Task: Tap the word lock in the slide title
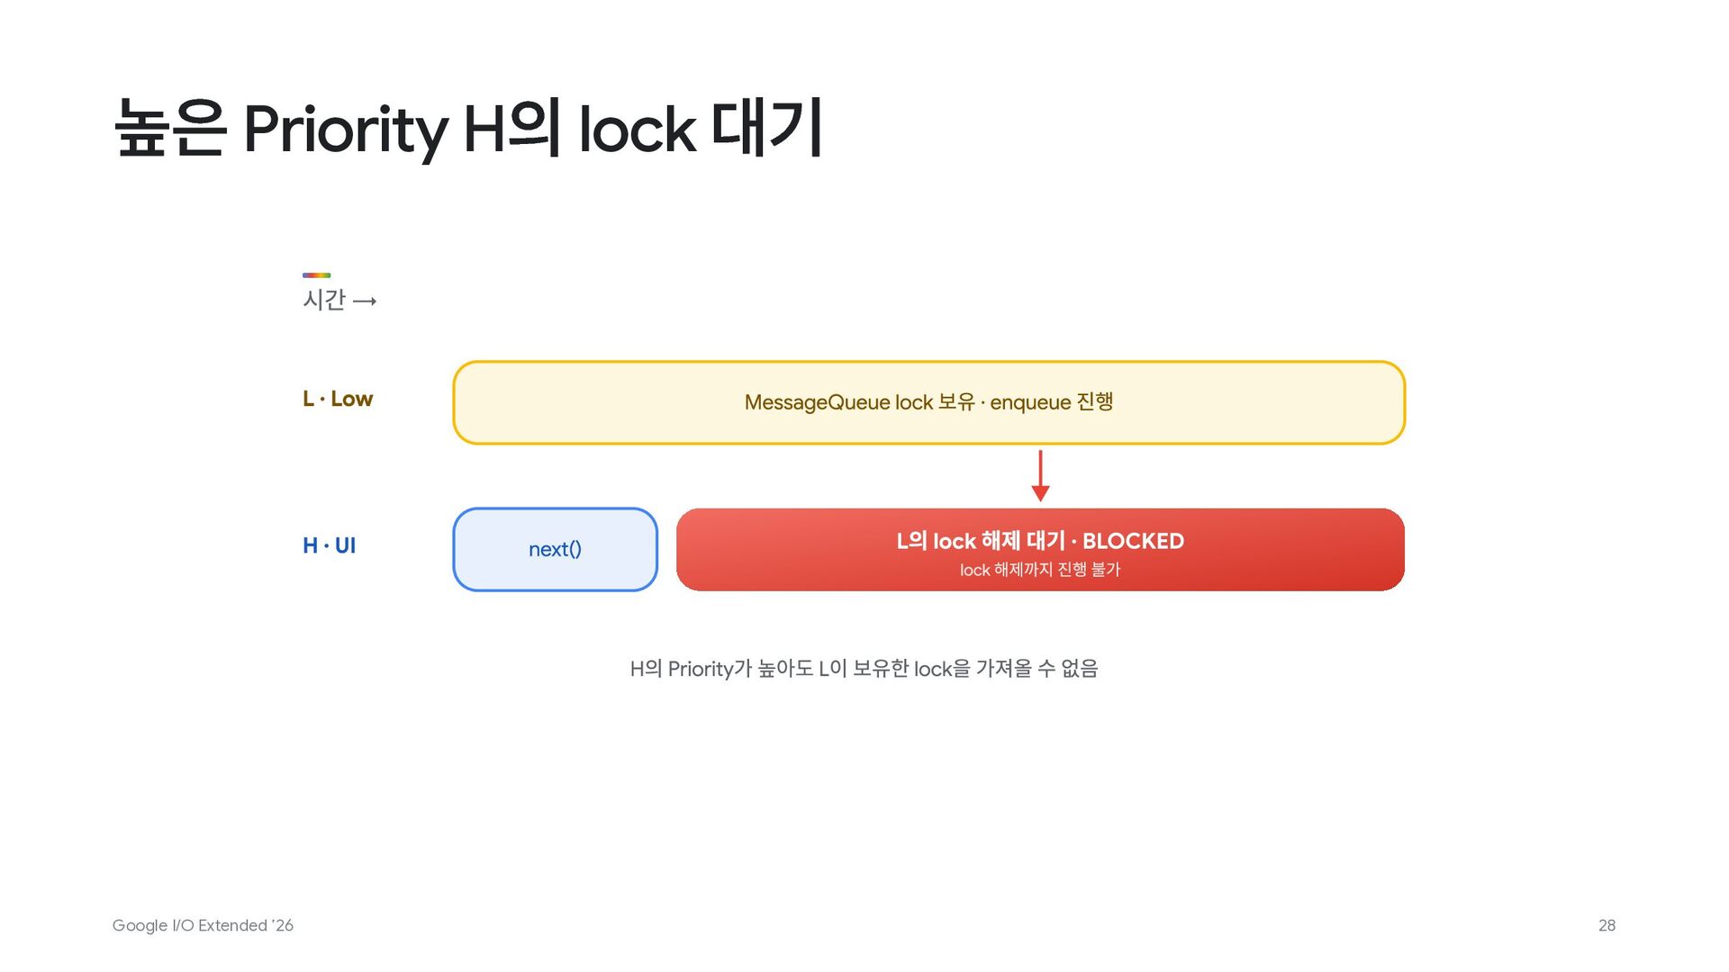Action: [x=637, y=128]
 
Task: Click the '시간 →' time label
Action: [x=339, y=300]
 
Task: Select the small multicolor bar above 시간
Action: [x=316, y=274]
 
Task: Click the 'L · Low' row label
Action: [x=338, y=399]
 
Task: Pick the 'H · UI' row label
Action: [x=329, y=545]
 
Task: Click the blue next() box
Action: [x=556, y=549]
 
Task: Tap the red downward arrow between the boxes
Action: [x=1040, y=475]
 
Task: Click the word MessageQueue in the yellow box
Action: [x=817, y=402]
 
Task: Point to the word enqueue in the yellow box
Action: [x=1030, y=402]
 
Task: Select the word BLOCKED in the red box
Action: [x=1133, y=541]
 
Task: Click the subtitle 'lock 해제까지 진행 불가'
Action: [x=1040, y=570]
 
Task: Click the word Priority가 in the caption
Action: [x=710, y=669]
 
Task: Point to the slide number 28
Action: [x=1607, y=925]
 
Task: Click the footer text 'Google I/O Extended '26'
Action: [x=203, y=925]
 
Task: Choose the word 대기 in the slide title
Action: [x=767, y=126]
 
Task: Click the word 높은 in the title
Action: [x=170, y=128]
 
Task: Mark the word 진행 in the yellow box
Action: [x=1095, y=401]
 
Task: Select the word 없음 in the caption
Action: [x=1080, y=669]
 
